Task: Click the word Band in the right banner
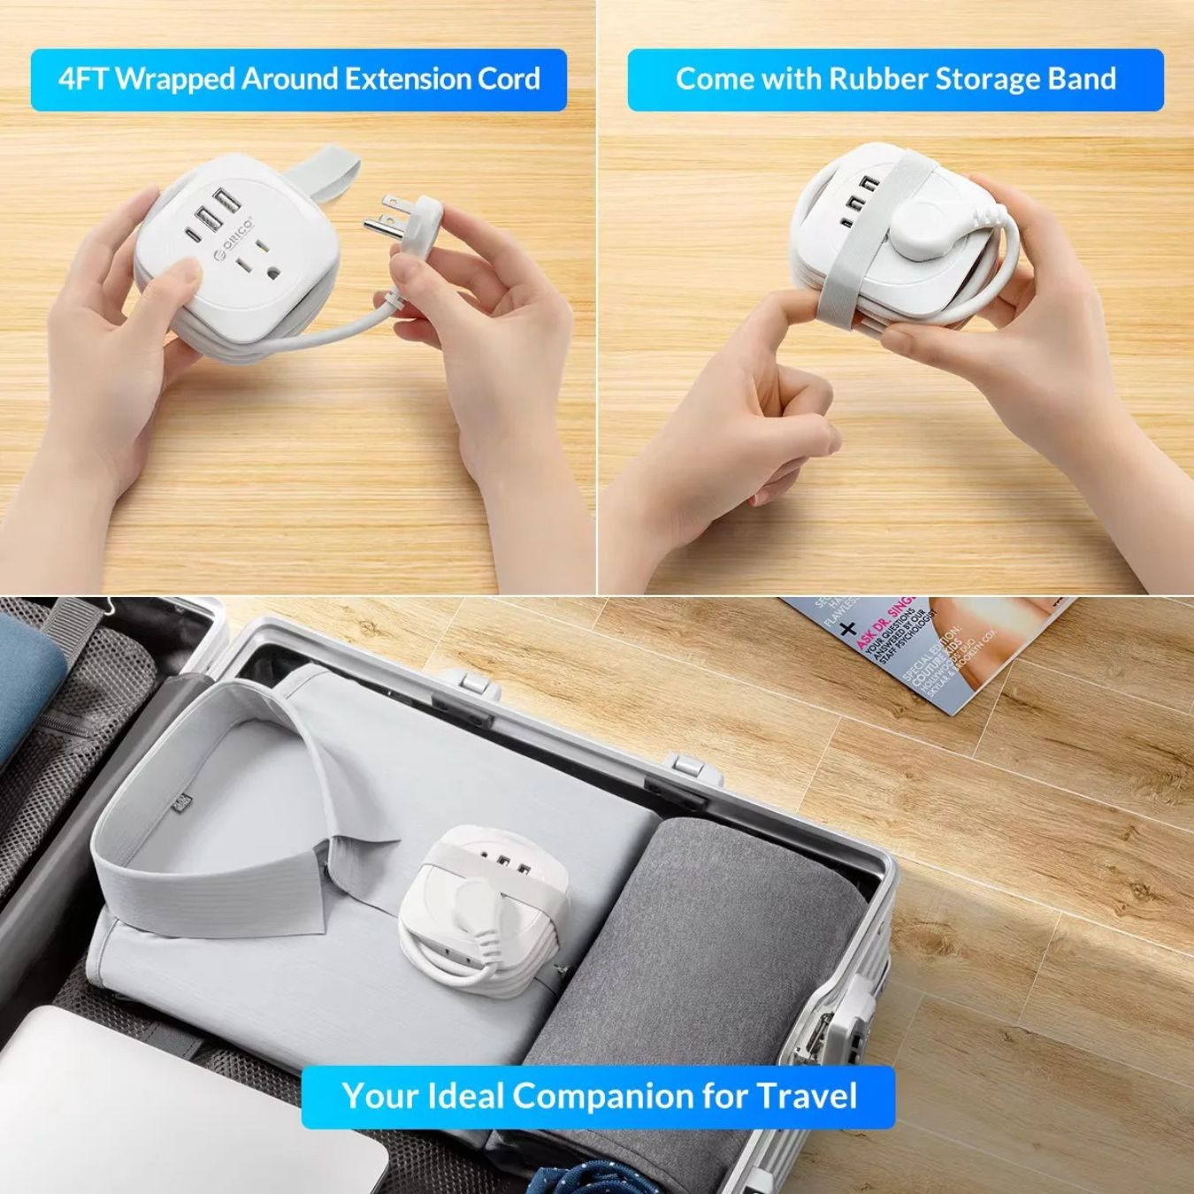click(x=1081, y=80)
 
